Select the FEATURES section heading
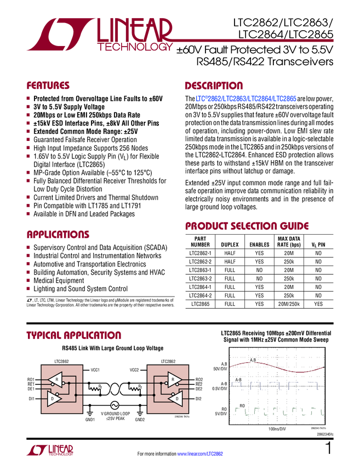(48, 86)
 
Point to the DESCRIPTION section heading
(214, 86)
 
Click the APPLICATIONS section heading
(58, 235)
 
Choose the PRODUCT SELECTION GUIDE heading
(247, 226)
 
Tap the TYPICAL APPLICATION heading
(73, 335)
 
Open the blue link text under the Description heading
(246, 99)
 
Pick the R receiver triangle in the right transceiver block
(173, 379)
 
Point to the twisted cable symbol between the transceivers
(115, 390)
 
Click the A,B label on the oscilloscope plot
(253, 360)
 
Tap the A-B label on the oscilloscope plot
(238, 380)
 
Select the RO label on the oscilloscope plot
(242, 406)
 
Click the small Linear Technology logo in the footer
(49, 450)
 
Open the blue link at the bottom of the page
(201, 453)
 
